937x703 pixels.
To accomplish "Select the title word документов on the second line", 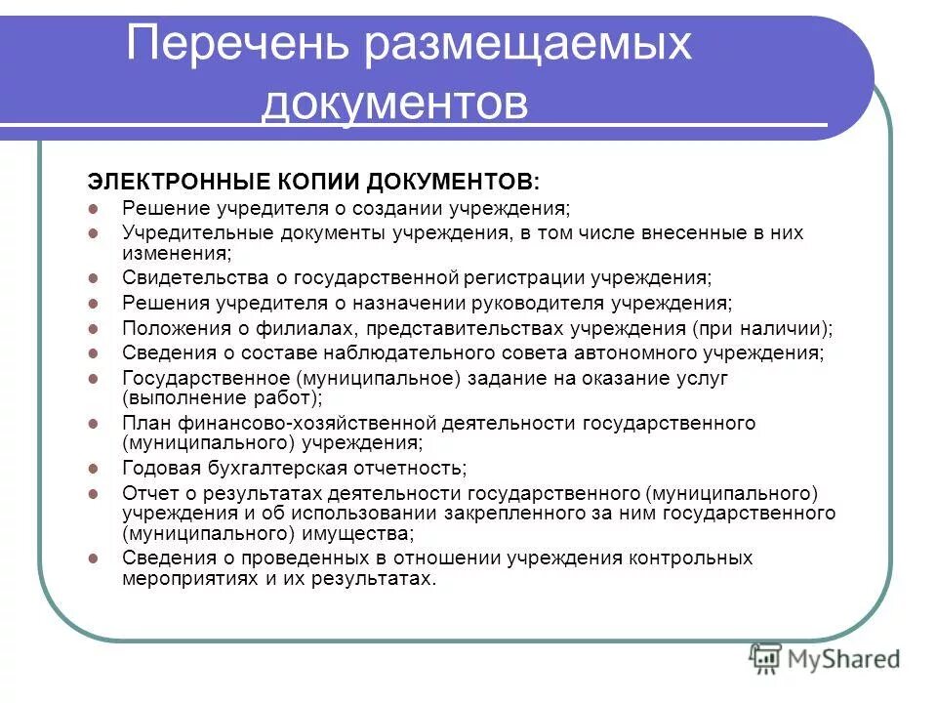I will [x=394, y=103].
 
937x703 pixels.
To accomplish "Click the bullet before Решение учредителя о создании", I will [x=94, y=209].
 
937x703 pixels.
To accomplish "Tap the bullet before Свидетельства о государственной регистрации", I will [x=94, y=277].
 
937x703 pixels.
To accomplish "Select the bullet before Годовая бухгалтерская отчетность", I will [x=94, y=468].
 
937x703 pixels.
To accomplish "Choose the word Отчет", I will [x=149, y=492].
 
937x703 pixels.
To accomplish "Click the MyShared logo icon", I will [x=766, y=659].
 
